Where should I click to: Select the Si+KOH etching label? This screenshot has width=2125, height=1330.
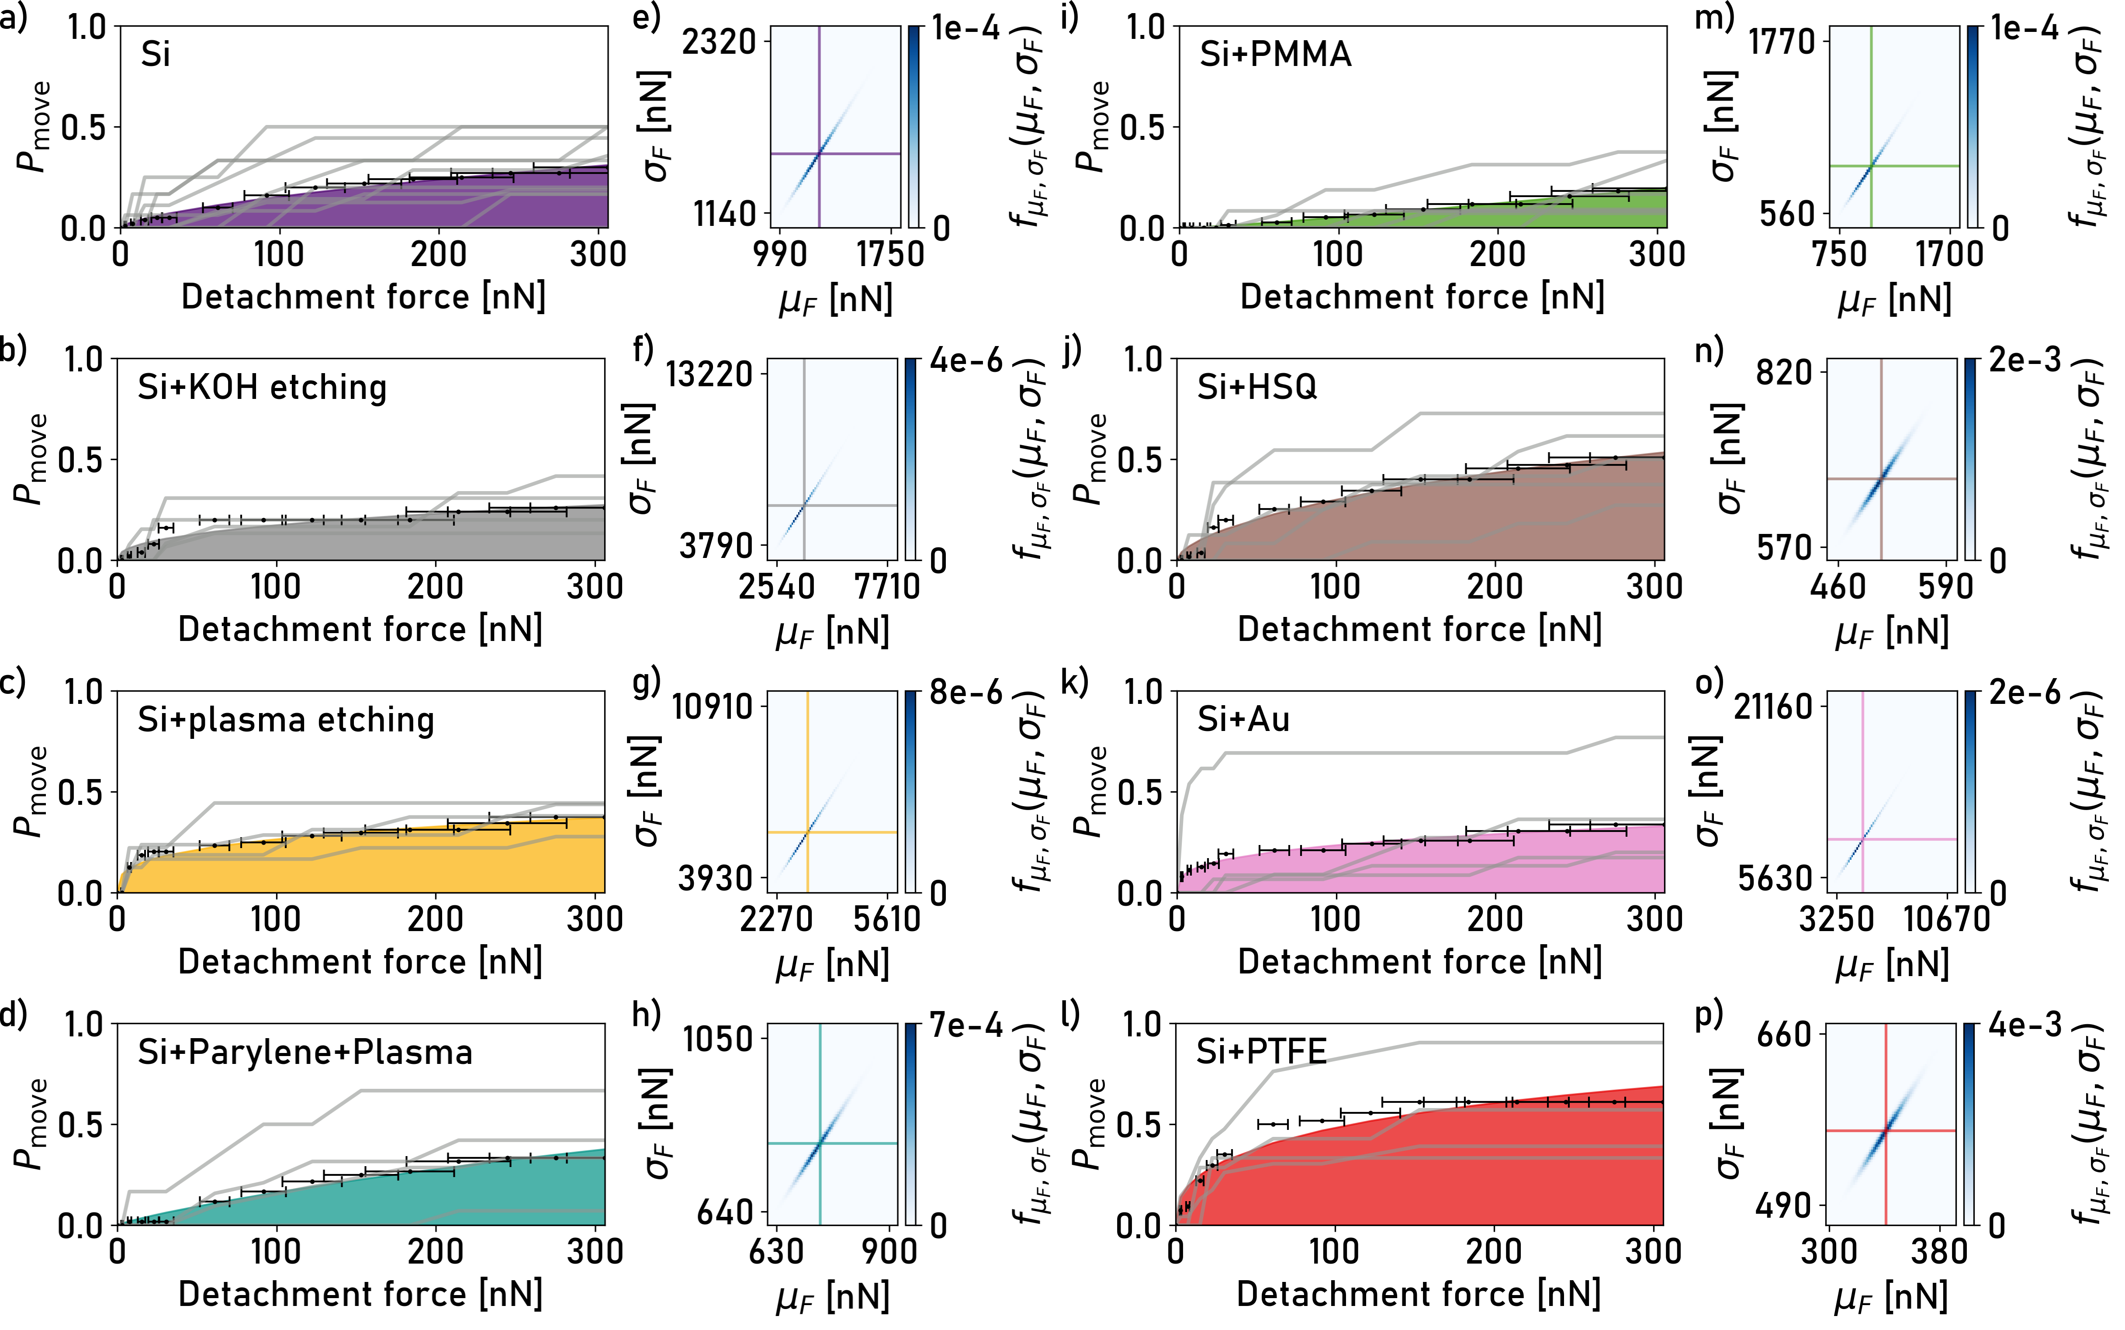pos(262,387)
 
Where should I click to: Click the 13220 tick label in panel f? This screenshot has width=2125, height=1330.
pos(710,374)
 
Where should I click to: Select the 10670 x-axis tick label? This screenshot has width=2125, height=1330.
pos(1945,919)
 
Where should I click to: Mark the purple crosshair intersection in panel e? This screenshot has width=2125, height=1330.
pos(819,154)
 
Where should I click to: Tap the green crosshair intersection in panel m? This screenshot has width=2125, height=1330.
pos(1871,165)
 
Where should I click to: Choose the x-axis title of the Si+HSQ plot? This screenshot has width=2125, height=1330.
pos(1419,629)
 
